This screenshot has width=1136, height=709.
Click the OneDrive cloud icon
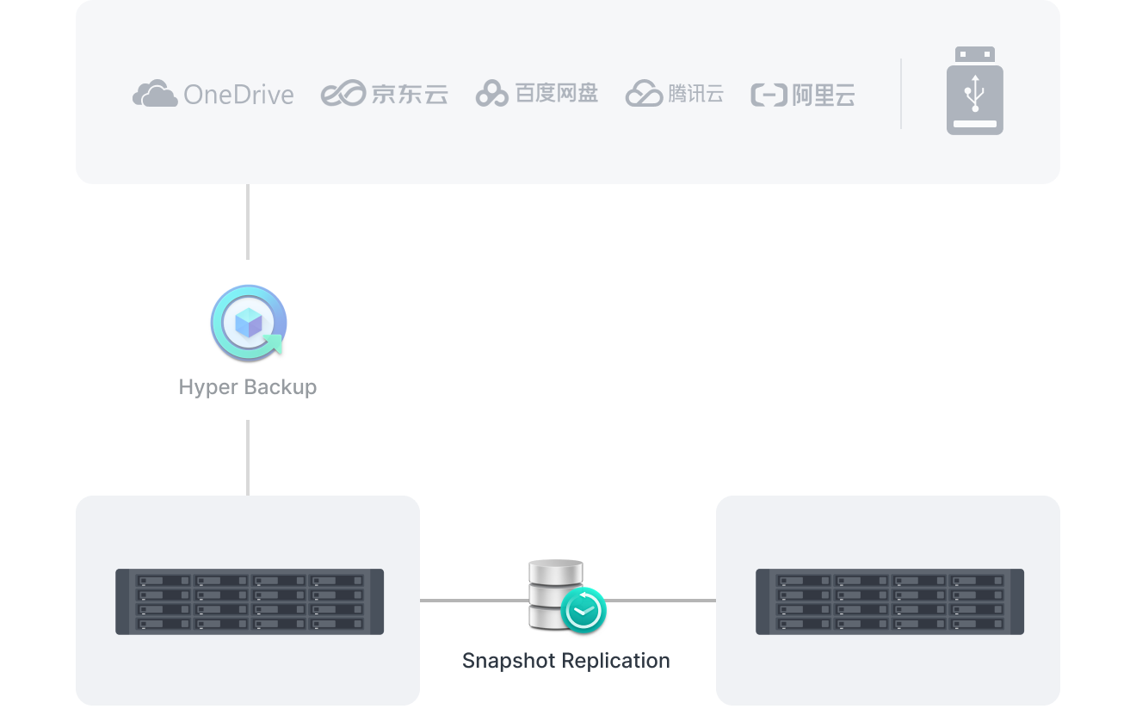(x=155, y=93)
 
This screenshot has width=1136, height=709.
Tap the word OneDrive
(x=238, y=95)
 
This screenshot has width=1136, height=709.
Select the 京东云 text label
(x=410, y=94)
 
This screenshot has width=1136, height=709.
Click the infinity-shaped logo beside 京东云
(x=343, y=94)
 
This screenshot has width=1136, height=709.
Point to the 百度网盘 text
(x=557, y=93)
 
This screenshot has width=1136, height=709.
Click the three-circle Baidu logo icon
(x=492, y=94)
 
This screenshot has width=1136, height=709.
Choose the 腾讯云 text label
(x=695, y=93)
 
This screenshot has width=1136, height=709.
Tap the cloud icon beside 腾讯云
(x=644, y=93)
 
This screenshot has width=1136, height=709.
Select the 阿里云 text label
(x=824, y=95)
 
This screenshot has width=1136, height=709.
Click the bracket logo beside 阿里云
(x=769, y=95)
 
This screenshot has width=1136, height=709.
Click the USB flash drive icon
(x=975, y=91)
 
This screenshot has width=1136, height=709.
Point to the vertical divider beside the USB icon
(x=901, y=94)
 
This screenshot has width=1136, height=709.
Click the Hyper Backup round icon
(x=248, y=323)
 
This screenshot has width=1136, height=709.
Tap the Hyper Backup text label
(x=248, y=387)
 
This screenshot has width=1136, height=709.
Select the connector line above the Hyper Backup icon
(x=248, y=221)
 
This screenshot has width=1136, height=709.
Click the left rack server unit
(x=250, y=601)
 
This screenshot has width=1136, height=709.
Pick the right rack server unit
(x=890, y=601)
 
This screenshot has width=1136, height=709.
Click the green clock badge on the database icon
(x=583, y=609)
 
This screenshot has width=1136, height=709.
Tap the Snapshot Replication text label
(x=566, y=661)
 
